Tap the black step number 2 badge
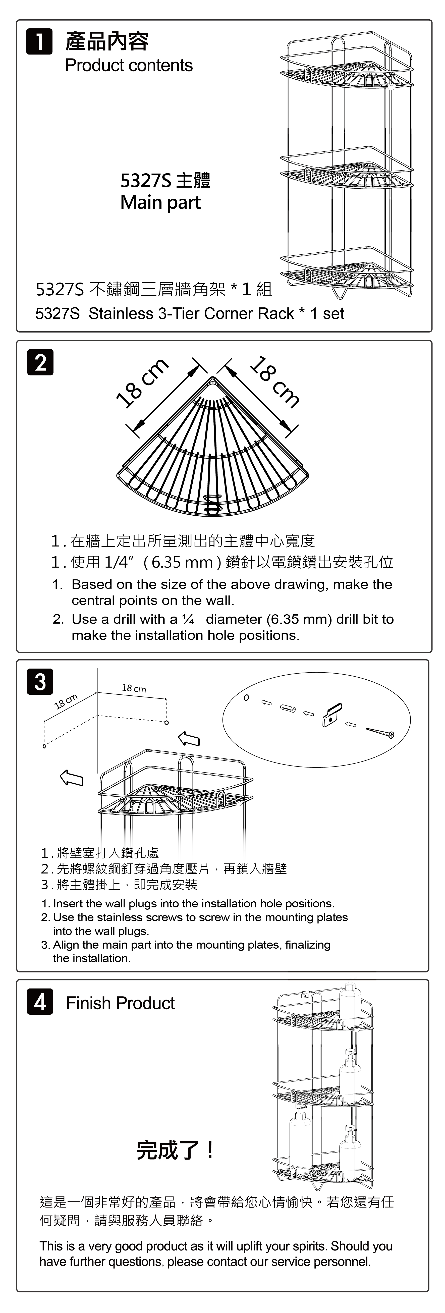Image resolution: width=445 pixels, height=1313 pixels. (x=40, y=362)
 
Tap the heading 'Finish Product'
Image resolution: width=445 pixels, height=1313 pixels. (x=120, y=1003)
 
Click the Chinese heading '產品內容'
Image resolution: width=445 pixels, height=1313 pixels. (x=107, y=42)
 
